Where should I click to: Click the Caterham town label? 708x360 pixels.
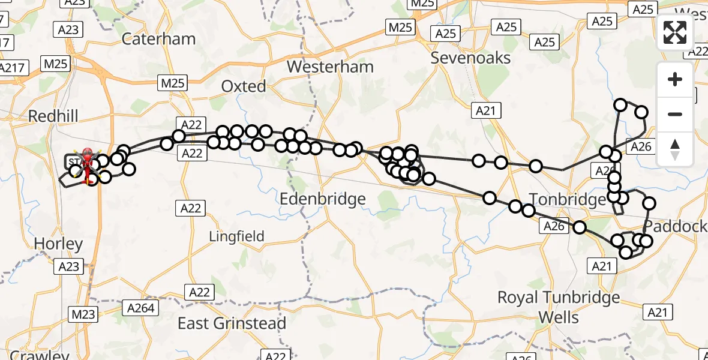pyautogui.click(x=158, y=39)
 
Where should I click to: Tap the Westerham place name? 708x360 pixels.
pyautogui.click(x=330, y=67)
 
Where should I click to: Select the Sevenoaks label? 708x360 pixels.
pyautogui.click(x=471, y=58)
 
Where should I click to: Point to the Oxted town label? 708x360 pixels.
pyautogui.click(x=244, y=86)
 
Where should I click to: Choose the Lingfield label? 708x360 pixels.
pyautogui.click(x=236, y=236)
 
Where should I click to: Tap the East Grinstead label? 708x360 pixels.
pyautogui.click(x=232, y=323)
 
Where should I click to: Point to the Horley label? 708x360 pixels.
pyautogui.click(x=58, y=244)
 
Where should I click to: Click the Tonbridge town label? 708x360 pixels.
pyautogui.click(x=568, y=199)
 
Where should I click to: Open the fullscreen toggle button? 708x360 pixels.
pyautogui.click(x=675, y=32)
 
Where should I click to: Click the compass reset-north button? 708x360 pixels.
pyautogui.click(x=675, y=149)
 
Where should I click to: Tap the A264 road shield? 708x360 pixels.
pyautogui.click(x=141, y=308)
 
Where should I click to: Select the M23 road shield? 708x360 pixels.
pyautogui.click(x=83, y=313)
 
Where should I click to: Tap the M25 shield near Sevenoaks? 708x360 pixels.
pyautogui.click(x=400, y=27)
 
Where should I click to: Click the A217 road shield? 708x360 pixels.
pyautogui.click(x=12, y=68)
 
